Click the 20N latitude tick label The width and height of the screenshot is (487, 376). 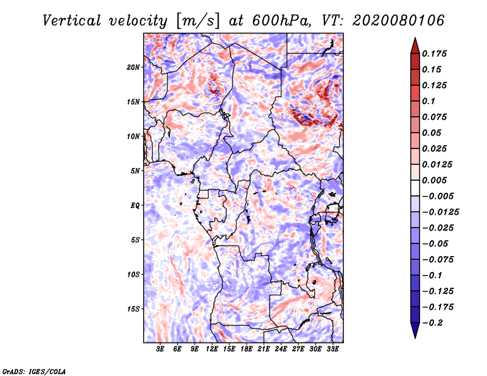click(x=133, y=68)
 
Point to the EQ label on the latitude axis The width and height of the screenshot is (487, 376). click(x=135, y=206)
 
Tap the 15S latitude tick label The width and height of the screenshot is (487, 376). click(x=133, y=309)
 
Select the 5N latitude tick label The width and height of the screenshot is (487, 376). click(x=135, y=171)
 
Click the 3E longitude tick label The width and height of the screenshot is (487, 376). click(x=160, y=349)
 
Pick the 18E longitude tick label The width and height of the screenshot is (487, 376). click(x=246, y=349)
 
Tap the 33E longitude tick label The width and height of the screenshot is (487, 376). click(x=332, y=349)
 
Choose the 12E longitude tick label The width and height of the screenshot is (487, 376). click(x=211, y=349)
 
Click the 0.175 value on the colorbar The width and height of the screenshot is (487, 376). click(x=435, y=54)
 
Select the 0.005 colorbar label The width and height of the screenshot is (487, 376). click(x=435, y=180)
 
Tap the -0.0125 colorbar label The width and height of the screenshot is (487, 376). click(x=441, y=212)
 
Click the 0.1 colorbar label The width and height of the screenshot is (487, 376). click(x=429, y=101)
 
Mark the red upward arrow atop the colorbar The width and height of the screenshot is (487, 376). click(x=415, y=46)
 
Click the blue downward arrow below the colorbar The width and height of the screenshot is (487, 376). click(x=415, y=330)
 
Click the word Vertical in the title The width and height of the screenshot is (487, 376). click(x=72, y=21)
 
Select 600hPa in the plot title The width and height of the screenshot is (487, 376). click(x=281, y=21)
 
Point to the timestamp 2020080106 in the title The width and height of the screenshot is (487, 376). click(x=399, y=21)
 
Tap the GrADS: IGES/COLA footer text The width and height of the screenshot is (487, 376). click(x=34, y=372)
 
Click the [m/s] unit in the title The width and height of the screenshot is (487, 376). click(x=198, y=21)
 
